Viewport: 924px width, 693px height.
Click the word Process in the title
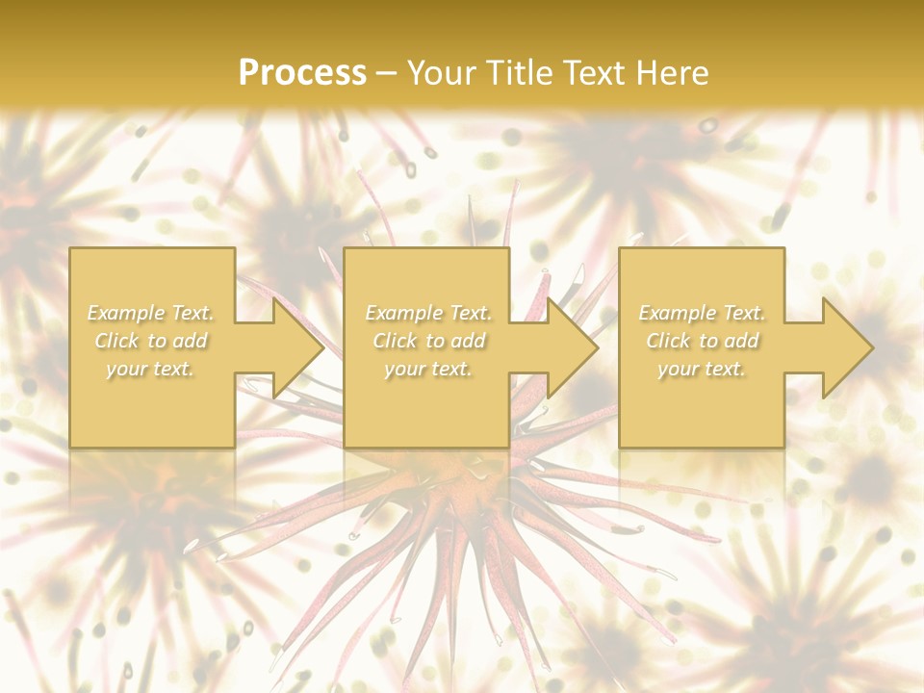(302, 72)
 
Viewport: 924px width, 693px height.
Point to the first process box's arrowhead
(297, 347)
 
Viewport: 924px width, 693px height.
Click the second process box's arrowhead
(572, 347)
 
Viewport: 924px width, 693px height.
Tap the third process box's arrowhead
(846, 347)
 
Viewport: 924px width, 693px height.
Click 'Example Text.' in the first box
(151, 313)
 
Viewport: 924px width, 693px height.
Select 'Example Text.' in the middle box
(428, 313)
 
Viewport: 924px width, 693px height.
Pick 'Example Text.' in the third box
(702, 313)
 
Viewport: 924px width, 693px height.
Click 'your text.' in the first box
(151, 369)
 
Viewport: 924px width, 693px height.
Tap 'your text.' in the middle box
(428, 369)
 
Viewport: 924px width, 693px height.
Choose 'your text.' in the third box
(702, 369)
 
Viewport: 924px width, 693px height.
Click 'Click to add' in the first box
(151, 341)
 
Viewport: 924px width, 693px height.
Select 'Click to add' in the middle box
(428, 341)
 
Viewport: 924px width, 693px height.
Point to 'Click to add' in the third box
(702, 341)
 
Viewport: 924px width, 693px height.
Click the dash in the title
(387, 73)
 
